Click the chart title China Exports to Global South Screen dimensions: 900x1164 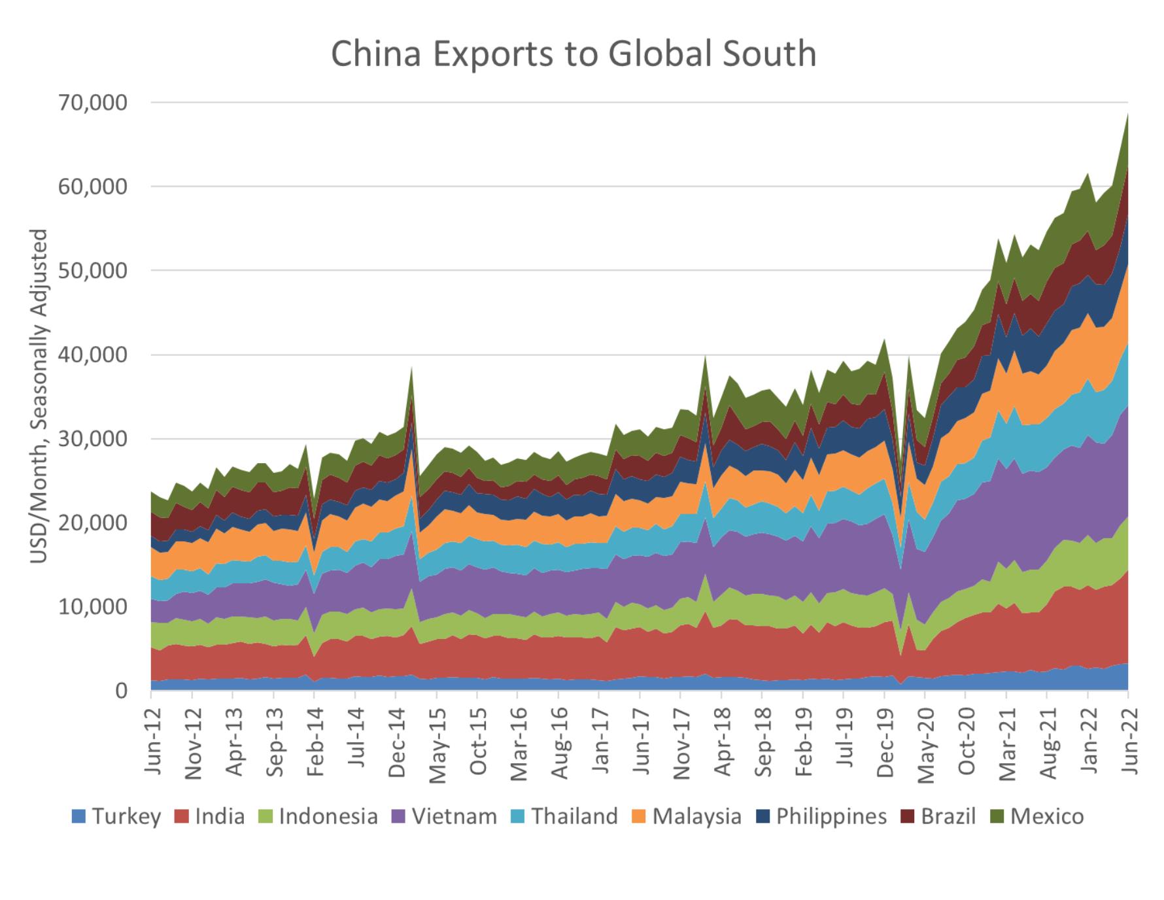tap(573, 54)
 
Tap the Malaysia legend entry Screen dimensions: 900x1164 tap(687, 817)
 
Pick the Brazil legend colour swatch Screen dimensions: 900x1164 tap(907, 817)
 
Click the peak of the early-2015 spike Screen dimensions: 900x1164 tap(412, 368)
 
